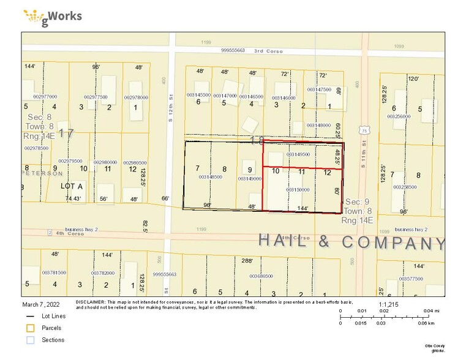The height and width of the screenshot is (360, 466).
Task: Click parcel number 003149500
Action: [298, 154]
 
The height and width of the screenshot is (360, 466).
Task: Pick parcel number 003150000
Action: [298, 190]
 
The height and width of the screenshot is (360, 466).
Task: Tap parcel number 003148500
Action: [211, 177]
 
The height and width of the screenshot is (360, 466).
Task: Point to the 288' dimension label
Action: [247, 261]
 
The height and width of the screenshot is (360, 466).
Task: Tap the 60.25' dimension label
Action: [337, 130]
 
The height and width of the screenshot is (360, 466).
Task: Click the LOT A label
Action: [71, 185]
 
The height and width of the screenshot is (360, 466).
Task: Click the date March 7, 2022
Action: [40, 304]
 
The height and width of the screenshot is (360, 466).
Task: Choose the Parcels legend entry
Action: [51, 328]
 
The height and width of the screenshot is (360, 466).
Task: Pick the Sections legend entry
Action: [52, 340]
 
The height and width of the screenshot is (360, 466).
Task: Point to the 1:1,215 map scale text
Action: [389, 304]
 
